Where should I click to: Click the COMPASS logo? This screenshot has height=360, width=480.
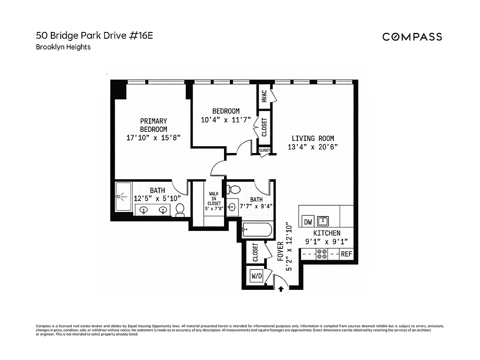pos(412,37)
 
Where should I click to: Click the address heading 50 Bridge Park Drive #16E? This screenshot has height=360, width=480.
pos(94,36)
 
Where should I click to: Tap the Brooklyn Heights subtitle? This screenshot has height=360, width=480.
pos(63,47)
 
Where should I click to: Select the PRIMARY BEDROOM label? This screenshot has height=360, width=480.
pos(153,125)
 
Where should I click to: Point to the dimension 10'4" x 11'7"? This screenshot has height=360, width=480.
pos(226,120)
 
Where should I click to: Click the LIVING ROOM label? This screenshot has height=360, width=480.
pos(313,139)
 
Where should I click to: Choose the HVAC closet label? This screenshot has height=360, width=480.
pos(264,96)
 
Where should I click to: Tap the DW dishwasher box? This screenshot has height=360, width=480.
pos(308,221)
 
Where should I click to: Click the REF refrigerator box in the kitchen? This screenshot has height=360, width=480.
pos(346,254)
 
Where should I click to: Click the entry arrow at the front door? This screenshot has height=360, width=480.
pos(281,288)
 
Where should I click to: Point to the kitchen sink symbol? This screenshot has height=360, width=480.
pos(323,221)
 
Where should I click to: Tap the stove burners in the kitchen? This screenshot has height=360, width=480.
pos(322,254)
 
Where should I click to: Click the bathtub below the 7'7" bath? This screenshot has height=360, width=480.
pos(257,230)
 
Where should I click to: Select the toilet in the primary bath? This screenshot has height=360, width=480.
pos(180,209)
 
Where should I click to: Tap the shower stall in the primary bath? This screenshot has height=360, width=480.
pos(123,196)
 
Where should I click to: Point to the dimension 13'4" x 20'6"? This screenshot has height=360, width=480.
pos(313,147)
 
